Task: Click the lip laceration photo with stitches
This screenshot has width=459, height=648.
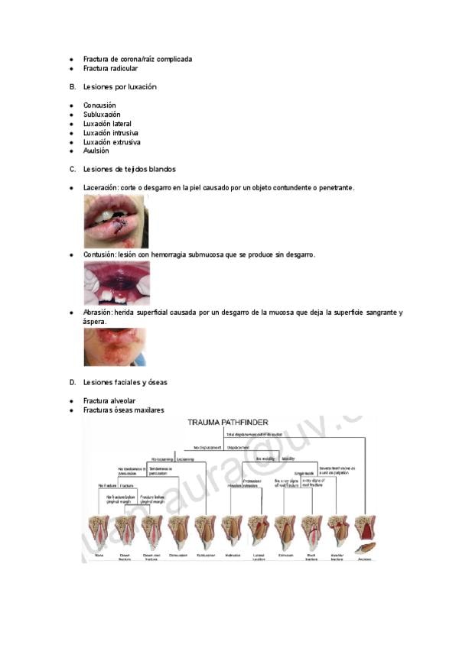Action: pos(115,221)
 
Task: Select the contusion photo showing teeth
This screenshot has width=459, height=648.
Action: pos(116,283)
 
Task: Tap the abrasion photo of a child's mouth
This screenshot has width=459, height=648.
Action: pos(114,347)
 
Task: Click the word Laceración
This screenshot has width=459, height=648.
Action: pos(101,187)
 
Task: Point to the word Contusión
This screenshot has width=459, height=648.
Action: pos(99,254)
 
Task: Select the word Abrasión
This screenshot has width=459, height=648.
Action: pos(98,313)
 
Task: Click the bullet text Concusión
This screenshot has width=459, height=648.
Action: pos(99,105)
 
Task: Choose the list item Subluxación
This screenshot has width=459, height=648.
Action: pos(102,115)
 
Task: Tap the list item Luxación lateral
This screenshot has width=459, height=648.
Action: pos(107,124)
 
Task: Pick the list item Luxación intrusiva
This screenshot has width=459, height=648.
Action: pos(111,133)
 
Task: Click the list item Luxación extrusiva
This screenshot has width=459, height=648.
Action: pos(112,142)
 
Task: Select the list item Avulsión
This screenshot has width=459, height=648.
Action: pos(96,151)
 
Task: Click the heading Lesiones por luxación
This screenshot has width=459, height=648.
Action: pos(120,87)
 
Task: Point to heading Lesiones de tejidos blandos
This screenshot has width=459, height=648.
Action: pos(129,169)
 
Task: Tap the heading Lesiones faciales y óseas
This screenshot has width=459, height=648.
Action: pos(125,382)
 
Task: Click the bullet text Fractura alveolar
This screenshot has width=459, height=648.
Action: pos(109,400)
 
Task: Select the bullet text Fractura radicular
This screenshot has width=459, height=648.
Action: pos(110,69)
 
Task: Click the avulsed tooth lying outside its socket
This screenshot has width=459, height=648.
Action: pos(365,547)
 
